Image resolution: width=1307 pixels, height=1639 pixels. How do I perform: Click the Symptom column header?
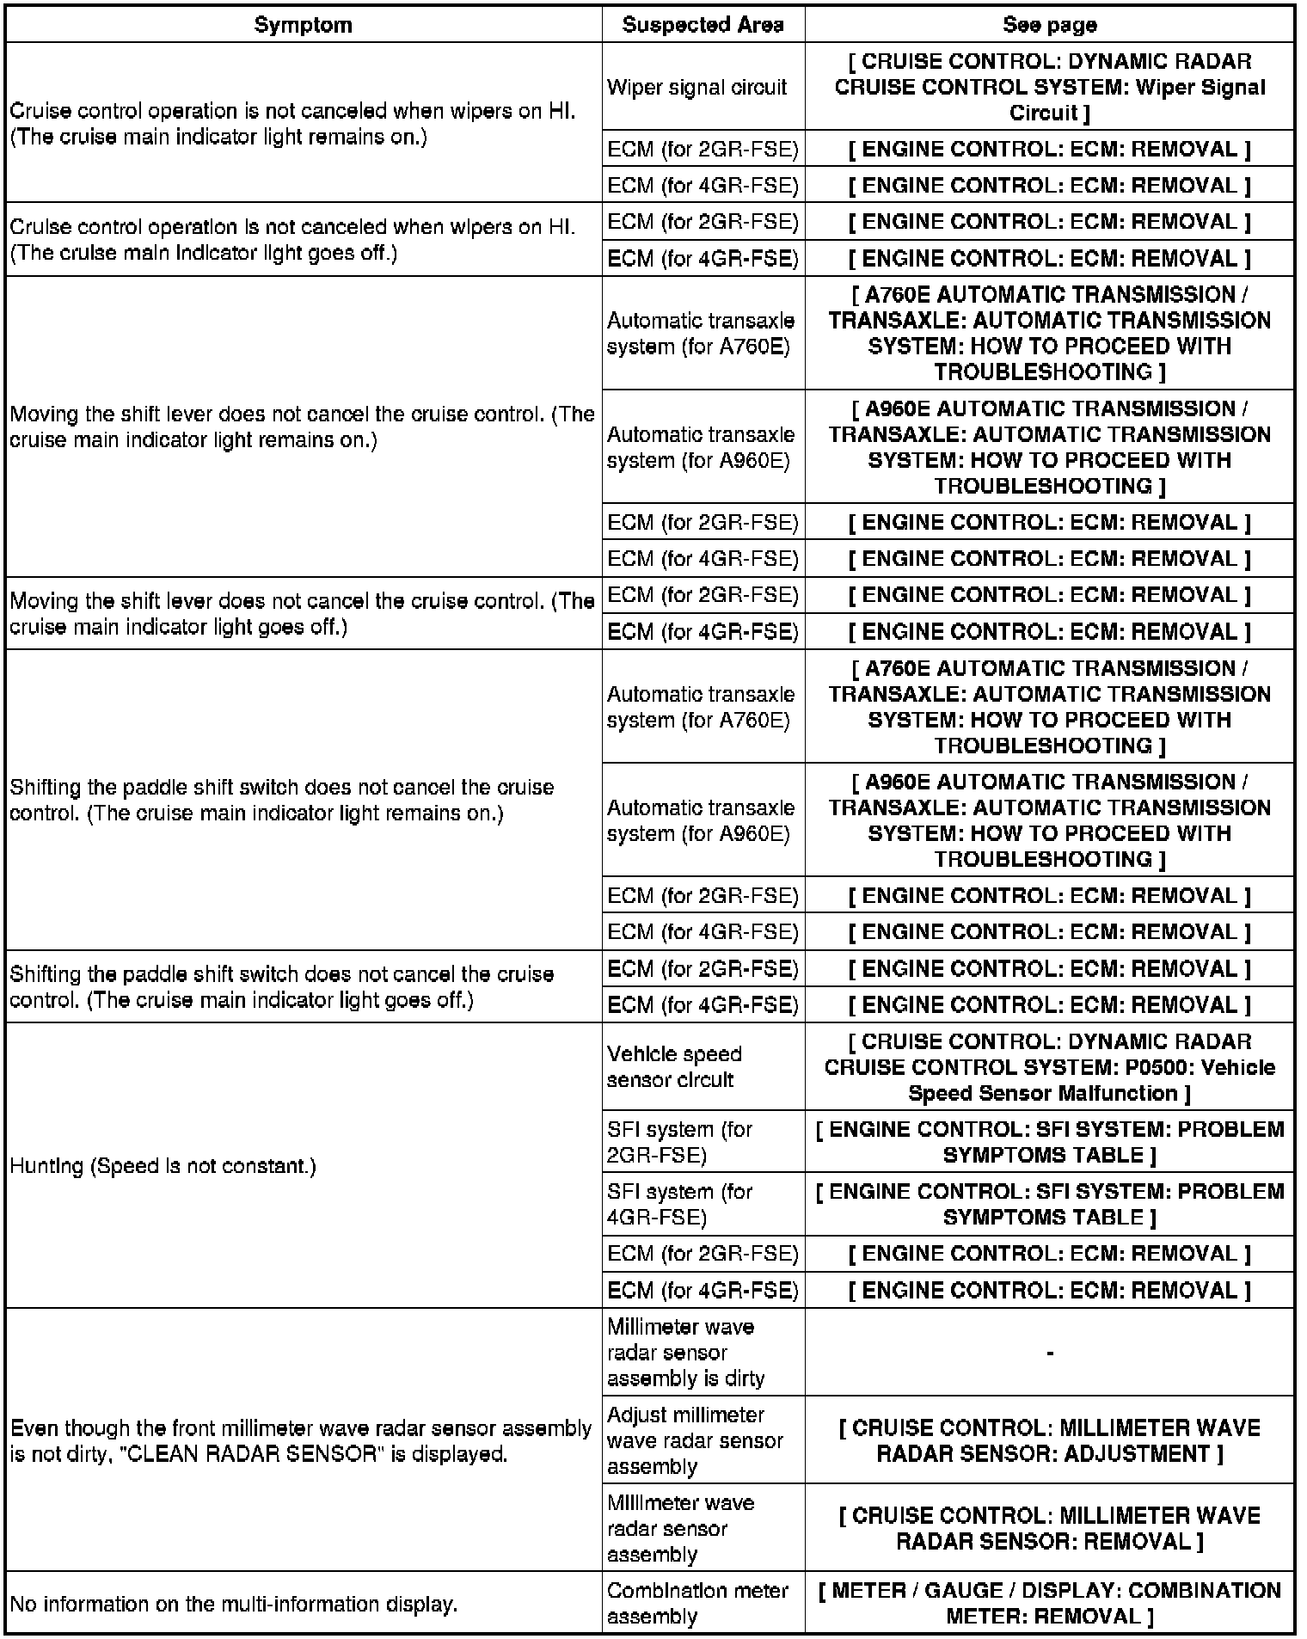pos(303,25)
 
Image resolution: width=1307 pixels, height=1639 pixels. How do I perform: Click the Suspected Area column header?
pos(703,25)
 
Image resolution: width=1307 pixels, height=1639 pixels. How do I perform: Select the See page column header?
pos(1049,25)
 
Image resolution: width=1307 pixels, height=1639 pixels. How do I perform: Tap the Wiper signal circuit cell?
pos(696,87)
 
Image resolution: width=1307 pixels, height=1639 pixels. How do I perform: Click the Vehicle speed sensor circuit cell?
pos(674,1066)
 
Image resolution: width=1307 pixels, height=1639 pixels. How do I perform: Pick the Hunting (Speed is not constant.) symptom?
pos(163,1166)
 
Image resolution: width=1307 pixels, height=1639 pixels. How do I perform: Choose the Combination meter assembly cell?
pos(697,1603)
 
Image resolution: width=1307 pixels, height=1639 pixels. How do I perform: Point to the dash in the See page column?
pos(1050,1353)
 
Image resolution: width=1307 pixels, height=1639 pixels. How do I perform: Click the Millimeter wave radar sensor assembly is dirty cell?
pos(685,1353)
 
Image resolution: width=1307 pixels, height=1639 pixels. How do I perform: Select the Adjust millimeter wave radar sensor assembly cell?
pos(695,1440)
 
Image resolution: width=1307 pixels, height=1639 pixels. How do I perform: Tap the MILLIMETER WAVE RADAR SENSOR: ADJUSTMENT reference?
pos(1049,1440)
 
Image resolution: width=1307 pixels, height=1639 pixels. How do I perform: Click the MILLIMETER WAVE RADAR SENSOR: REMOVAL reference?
pos(1049,1528)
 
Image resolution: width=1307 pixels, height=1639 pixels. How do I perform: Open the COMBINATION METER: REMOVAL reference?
pos(1049,1603)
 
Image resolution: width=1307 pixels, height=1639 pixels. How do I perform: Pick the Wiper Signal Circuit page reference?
pos(1049,87)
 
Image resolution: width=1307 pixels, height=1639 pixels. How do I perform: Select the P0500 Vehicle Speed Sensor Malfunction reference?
pos(1049,1067)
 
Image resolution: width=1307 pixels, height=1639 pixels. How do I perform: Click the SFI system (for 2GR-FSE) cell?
pos(679,1142)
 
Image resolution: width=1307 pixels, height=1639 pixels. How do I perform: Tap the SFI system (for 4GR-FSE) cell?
pos(679,1204)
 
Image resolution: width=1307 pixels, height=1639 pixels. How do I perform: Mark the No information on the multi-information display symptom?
pos(234,1604)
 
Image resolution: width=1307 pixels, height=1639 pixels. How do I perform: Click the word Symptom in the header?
pos(303,25)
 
